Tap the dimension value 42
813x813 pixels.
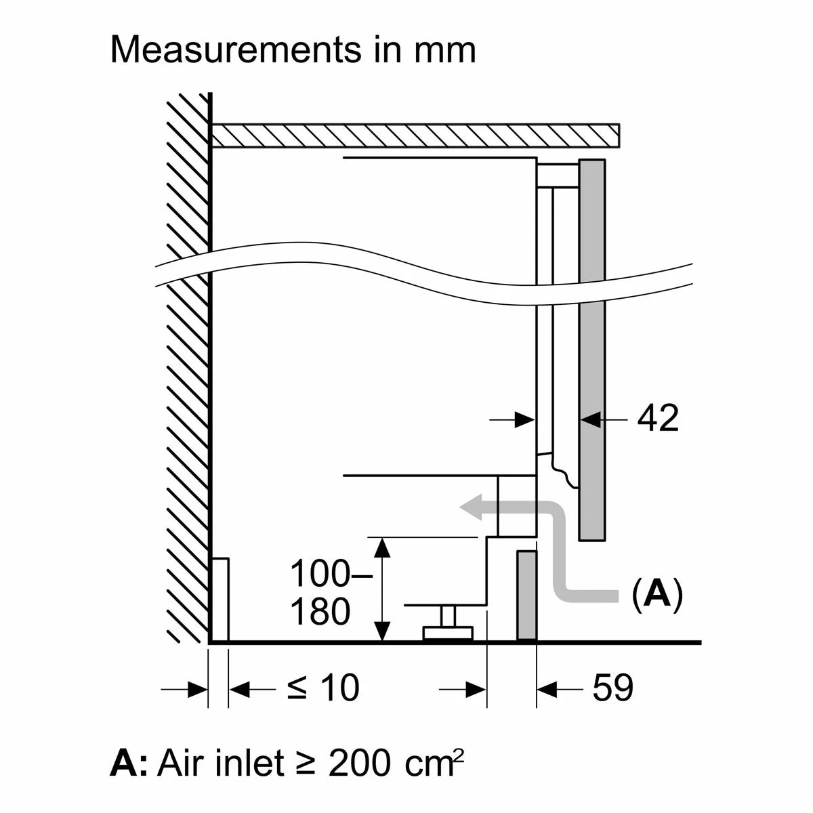657,419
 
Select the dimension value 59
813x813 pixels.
612,688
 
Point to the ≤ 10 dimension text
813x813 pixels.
323,688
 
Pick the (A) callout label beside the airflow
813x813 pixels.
658,594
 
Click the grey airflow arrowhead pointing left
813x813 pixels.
472,506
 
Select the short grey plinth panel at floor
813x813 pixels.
527,596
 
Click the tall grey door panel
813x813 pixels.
592,350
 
